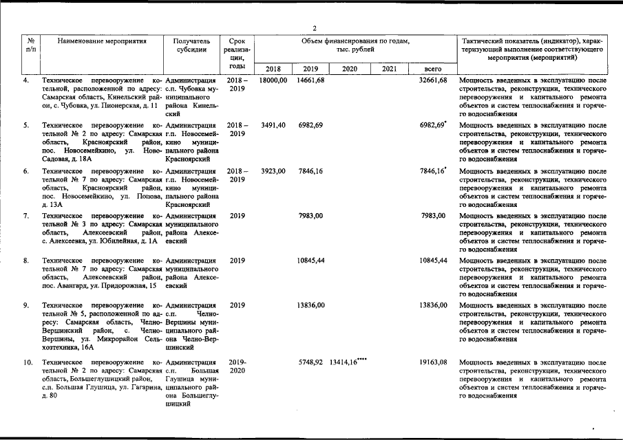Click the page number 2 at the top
[x=314, y=28]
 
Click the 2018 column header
[x=273, y=69]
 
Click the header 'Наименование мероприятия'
[x=103, y=41]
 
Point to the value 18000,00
[x=273, y=80]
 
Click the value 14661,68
[x=310, y=80]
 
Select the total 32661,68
[x=433, y=80]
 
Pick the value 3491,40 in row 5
[x=273, y=125]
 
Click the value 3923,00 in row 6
[x=273, y=170]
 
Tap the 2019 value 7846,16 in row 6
[x=310, y=170]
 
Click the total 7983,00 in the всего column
[x=434, y=216]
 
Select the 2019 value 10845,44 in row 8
[x=310, y=261]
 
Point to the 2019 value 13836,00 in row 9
[x=310, y=305]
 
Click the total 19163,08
[x=433, y=362]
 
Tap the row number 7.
[x=25, y=216]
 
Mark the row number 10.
[x=28, y=362]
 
